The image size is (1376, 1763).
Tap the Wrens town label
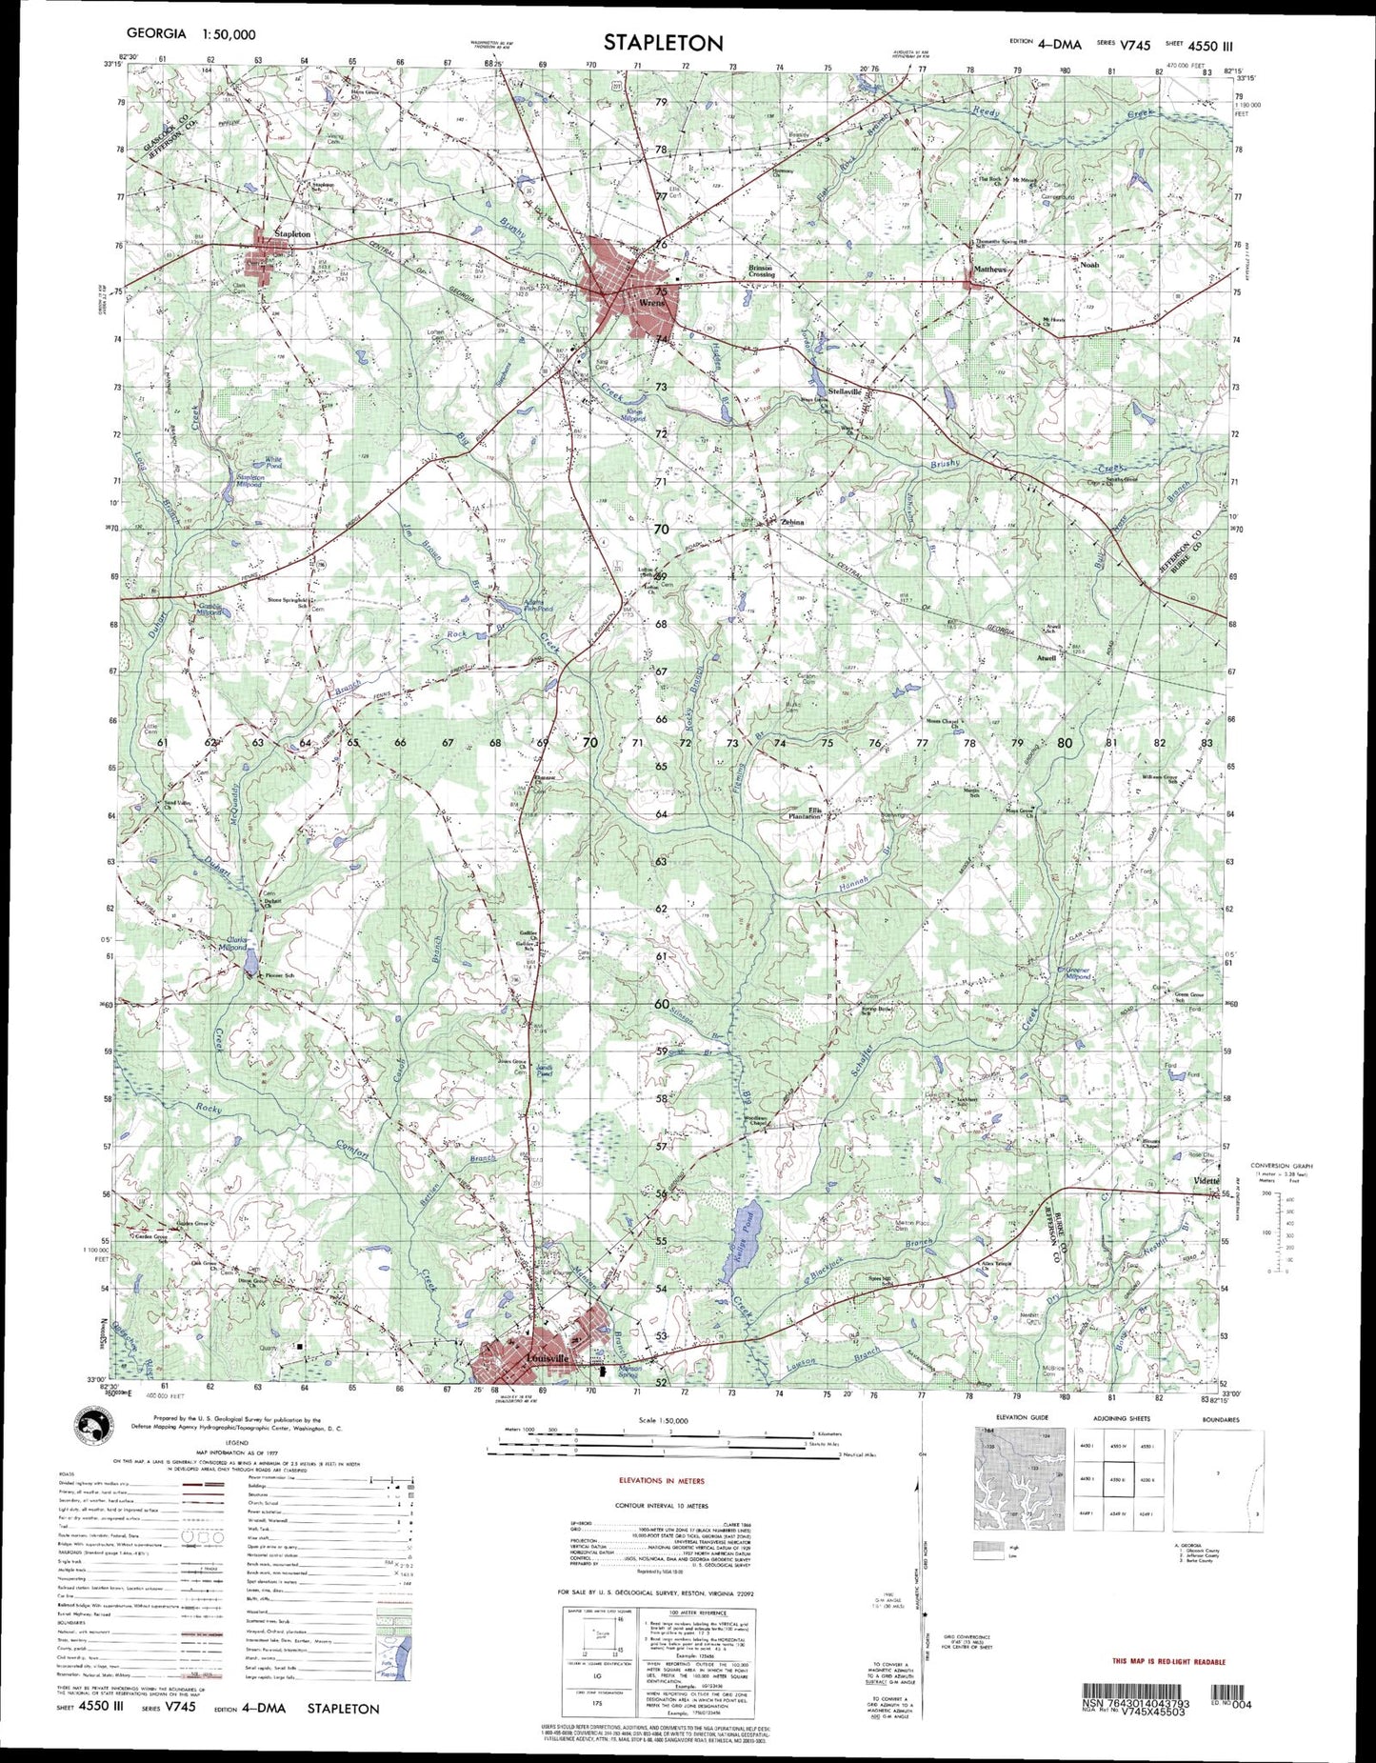653,304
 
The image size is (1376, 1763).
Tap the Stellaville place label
844,391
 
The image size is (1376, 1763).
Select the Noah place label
1088,265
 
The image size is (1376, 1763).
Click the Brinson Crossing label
761,271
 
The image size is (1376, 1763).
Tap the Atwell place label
1047,657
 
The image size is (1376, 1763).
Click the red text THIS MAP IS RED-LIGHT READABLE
1168,1661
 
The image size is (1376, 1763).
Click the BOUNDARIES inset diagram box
1221,1486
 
